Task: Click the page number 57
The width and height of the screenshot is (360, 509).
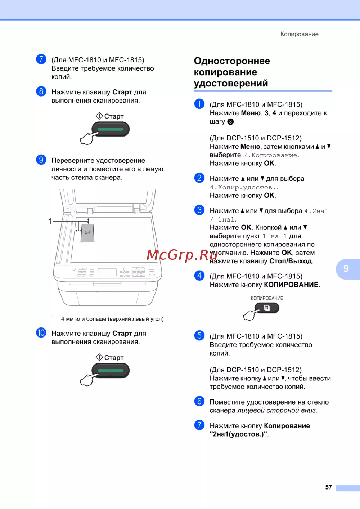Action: [328, 487]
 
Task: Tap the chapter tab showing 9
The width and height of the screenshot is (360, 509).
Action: [347, 269]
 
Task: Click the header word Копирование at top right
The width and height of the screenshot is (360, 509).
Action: [299, 34]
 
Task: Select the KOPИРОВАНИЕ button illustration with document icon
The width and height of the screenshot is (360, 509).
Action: [267, 308]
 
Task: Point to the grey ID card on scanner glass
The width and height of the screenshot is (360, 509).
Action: [87, 233]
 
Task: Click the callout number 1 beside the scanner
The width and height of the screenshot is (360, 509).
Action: [50, 221]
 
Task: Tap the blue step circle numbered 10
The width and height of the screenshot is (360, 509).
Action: [41, 332]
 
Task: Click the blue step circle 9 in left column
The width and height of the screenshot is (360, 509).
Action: [41, 160]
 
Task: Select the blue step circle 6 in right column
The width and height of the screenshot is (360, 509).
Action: [199, 401]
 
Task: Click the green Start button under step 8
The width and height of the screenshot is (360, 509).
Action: [111, 129]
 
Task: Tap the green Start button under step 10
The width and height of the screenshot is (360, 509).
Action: [111, 370]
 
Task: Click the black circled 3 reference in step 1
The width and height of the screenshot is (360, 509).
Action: [230, 122]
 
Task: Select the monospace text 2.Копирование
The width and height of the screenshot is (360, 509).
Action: [270, 155]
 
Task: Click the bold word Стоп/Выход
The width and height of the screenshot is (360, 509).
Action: [290, 261]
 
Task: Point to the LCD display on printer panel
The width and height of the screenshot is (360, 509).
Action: [107, 272]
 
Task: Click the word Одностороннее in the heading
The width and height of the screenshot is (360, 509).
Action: [232, 61]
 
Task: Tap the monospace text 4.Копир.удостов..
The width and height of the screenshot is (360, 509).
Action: [244, 187]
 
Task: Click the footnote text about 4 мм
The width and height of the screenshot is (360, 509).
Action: [112, 319]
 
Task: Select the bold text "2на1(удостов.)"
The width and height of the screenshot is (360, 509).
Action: [238, 434]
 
